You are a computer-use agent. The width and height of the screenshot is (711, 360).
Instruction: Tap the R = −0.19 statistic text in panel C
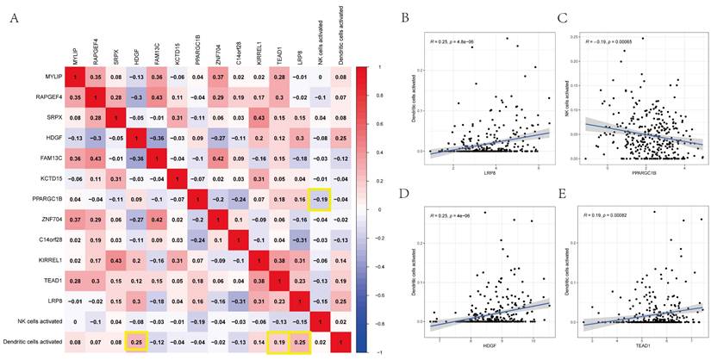pos(612,40)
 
